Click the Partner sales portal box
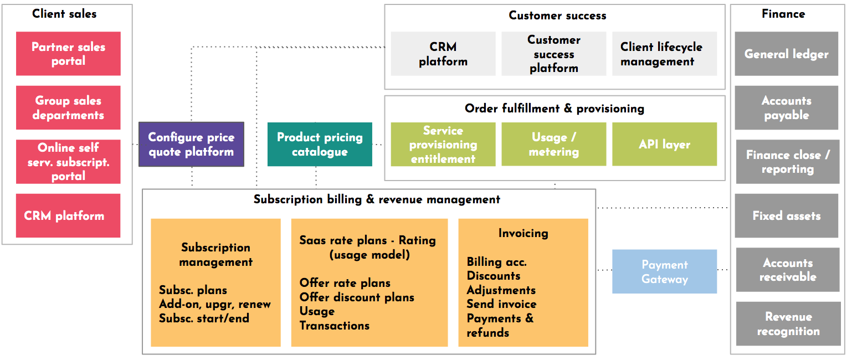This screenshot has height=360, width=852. tap(68, 54)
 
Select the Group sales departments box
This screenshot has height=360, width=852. tap(68, 107)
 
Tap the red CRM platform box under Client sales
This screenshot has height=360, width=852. tap(68, 215)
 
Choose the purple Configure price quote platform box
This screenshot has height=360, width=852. tap(191, 144)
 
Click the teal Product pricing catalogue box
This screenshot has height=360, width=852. tap(320, 144)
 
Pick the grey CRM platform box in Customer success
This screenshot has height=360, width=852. tap(443, 54)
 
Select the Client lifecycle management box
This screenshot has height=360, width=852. tap(664, 54)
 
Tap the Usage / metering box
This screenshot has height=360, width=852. tap(554, 144)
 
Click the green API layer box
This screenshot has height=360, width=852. tap(664, 144)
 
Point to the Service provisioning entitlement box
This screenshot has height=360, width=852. tap(443, 144)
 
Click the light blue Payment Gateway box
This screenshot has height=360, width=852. tap(664, 271)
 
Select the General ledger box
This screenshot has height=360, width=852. tap(786, 54)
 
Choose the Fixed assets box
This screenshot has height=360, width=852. tap(786, 215)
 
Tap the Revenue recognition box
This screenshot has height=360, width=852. tap(788, 323)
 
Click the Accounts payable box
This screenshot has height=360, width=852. tap(786, 107)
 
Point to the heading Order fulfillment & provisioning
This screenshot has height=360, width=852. tap(555, 109)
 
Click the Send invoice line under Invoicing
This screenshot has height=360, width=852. tap(501, 304)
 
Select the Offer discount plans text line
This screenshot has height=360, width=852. tap(357, 297)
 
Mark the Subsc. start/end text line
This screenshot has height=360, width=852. tap(204, 318)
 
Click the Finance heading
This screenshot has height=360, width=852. tap(783, 14)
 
